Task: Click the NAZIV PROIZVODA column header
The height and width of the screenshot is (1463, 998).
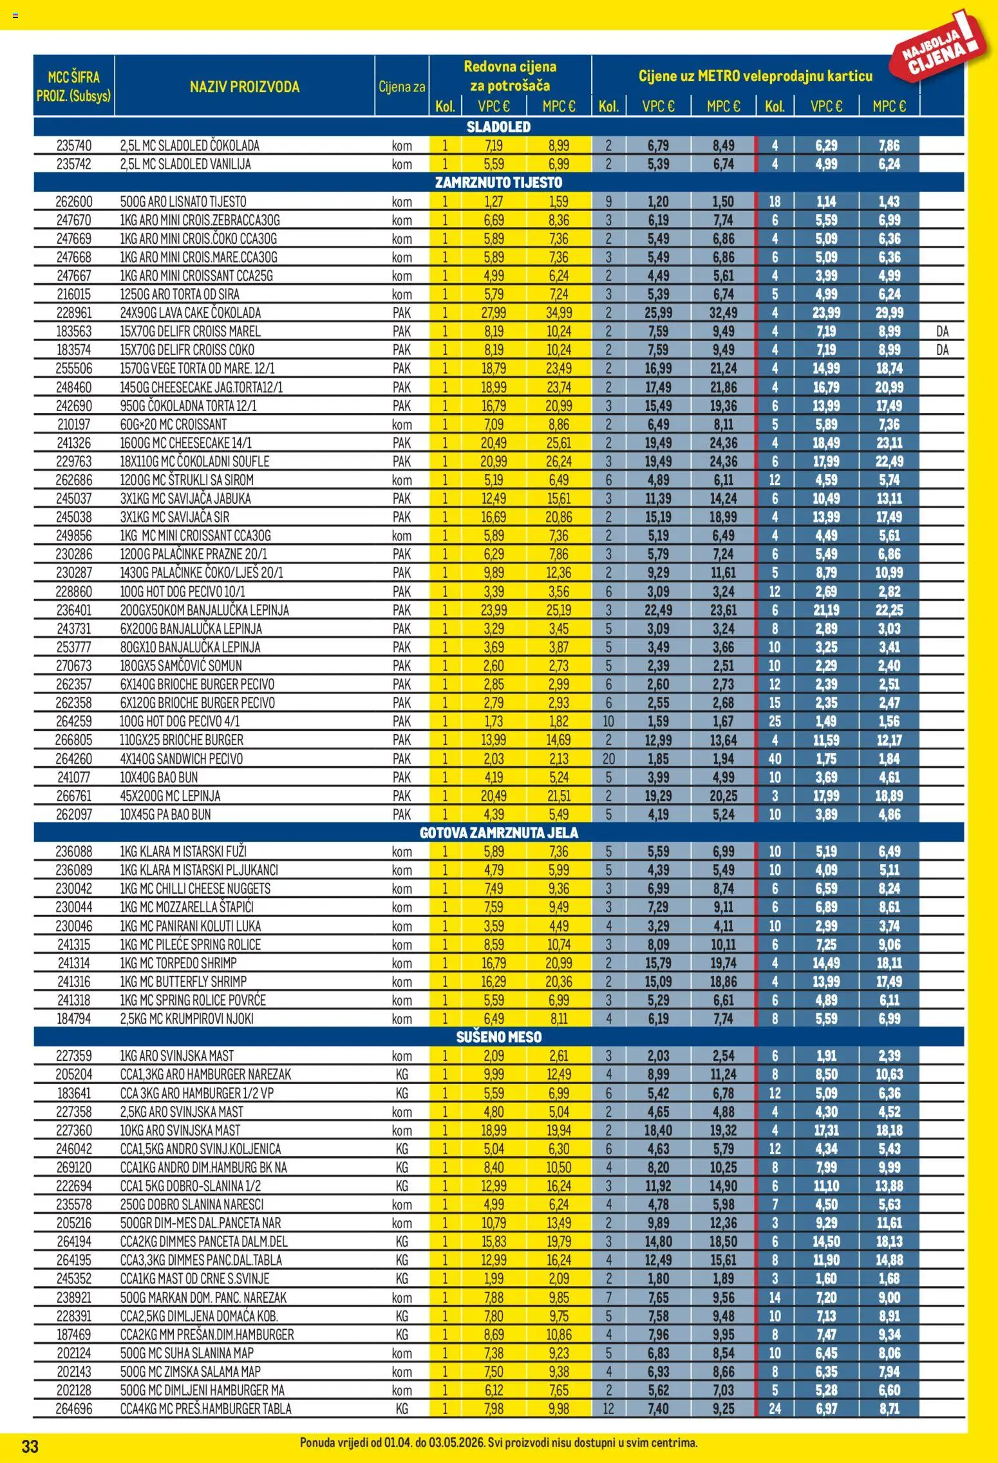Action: (x=245, y=87)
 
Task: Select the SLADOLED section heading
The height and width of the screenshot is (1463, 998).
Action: (x=498, y=127)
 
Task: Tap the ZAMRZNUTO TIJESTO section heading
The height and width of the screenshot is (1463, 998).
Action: (x=498, y=183)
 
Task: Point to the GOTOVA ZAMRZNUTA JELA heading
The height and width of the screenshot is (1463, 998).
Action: (x=498, y=833)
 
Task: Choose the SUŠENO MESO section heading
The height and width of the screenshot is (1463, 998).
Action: (x=498, y=1037)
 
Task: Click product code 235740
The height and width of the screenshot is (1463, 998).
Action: (x=73, y=146)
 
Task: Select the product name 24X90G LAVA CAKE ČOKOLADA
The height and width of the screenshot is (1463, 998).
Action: (x=191, y=313)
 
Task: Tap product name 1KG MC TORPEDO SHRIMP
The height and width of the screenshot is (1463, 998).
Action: (x=178, y=963)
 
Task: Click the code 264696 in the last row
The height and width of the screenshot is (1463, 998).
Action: (x=73, y=1409)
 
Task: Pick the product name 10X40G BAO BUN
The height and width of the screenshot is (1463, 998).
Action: (x=159, y=777)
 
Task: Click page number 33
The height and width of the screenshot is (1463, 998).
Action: (x=30, y=1447)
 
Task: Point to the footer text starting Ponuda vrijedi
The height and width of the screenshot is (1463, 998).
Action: (x=498, y=1443)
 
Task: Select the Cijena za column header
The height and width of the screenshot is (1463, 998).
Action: (x=402, y=87)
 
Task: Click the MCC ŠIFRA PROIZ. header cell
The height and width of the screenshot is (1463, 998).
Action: (x=73, y=87)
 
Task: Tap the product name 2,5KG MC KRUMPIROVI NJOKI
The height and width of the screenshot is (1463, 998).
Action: (x=187, y=1018)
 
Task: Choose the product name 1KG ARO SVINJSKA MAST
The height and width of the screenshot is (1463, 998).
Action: (x=177, y=1056)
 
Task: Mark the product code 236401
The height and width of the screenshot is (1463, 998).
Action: (x=73, y=610)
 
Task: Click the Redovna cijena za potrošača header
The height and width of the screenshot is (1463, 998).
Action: (x=510, y=76)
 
